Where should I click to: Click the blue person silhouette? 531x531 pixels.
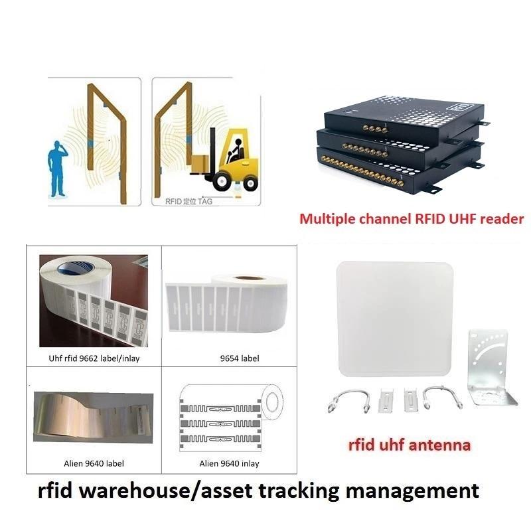tap(58, 169)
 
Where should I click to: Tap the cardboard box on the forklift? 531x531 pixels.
tap(200, 163)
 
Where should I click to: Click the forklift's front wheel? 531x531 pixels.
tap(222, 181)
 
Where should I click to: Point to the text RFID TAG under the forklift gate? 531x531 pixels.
tap(189, 202)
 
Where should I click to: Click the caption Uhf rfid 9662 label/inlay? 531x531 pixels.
tap(94, 358)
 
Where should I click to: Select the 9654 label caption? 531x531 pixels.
tap(240, 358)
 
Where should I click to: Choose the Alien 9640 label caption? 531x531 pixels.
tap(94, 463)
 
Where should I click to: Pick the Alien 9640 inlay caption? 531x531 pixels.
tap(229, 463)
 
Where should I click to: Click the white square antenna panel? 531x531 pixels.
tap(395, 319)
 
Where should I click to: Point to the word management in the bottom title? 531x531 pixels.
tap(412, 491)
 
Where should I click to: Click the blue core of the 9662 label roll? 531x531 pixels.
tap(75, 269)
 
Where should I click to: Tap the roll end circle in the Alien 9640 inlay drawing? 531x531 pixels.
tap(272, 402)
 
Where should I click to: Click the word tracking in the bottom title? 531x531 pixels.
tap(299, 491)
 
